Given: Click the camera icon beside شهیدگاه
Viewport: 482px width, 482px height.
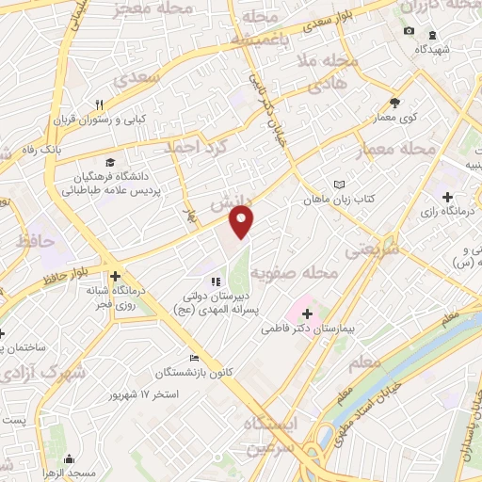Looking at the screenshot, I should pyautogui.click(x=409, y=31).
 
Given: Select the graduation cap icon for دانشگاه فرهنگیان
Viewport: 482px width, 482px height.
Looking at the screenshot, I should pyautogui.click(x=111, y=162).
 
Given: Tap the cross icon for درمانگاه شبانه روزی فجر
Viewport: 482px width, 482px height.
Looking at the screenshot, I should pyautogui.click(x=115, y=276).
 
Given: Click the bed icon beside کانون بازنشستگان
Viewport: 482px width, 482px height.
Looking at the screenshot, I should pyautogui.click(x=194, y=358).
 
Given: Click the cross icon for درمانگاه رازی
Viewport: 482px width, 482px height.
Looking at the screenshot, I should pyautogui.click(x=448, y=197).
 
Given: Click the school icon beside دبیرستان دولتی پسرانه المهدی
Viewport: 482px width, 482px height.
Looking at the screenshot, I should pyautogui.click(x=216, y=281).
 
